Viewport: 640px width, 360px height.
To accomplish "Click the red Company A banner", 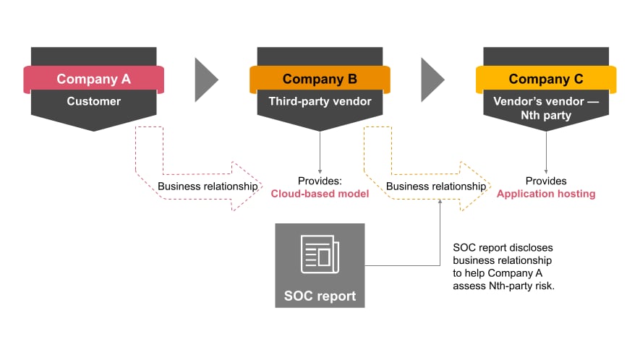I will pos(93,80).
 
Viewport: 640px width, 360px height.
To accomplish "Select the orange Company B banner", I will pos(319,80).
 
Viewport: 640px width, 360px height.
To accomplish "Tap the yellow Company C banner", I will pos(545,80).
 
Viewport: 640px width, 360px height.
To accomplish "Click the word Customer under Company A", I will pos(93,101).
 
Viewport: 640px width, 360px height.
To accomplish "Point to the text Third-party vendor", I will pos(319,101).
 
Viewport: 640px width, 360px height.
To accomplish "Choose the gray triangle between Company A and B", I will pos(205,80).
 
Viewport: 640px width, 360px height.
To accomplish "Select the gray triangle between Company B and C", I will pos(431,80).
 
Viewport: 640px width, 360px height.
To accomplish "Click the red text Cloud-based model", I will pos(319,193).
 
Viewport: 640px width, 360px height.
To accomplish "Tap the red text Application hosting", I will pos(545,193).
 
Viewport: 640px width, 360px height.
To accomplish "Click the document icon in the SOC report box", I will pos(319,254).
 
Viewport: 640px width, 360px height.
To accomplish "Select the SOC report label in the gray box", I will pos(320,296).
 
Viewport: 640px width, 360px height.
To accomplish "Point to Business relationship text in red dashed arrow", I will pos(208,186).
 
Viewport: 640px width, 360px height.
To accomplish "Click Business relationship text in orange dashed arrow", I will pos(435,186).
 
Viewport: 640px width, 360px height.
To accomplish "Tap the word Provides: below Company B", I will pos(319,181).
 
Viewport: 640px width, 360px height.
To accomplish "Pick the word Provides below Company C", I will pos(545,181).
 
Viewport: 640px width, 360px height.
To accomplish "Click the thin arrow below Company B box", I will pos(319,153).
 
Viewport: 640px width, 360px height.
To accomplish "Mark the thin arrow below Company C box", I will pos(545,153).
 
